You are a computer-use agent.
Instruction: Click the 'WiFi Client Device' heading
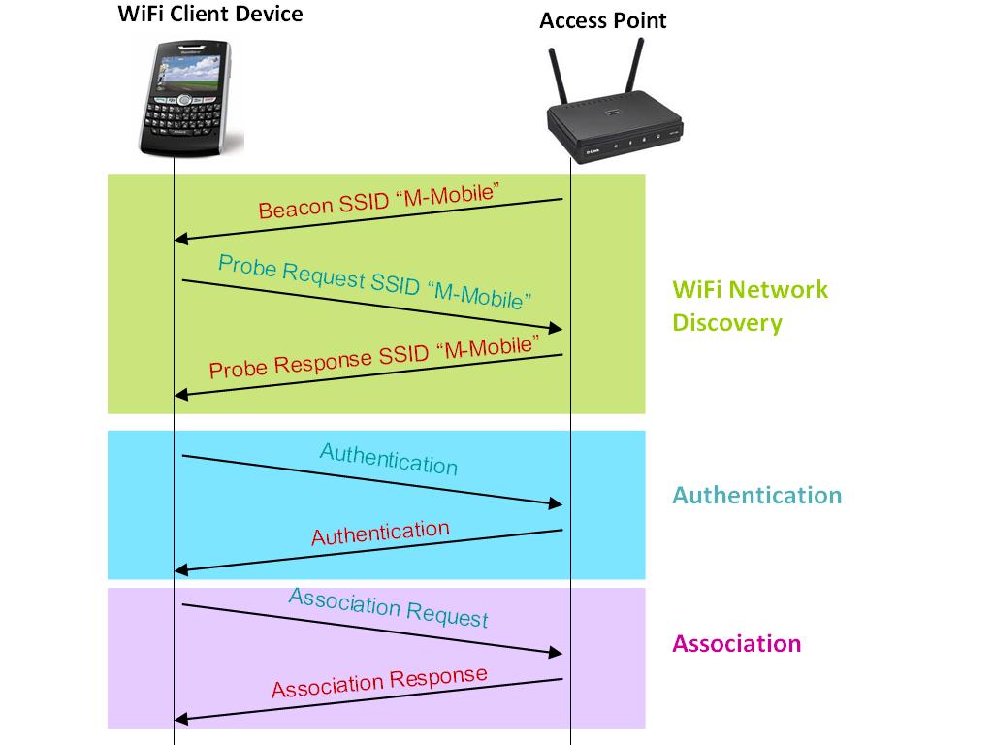210,15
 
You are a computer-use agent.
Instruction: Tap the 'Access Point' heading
602,20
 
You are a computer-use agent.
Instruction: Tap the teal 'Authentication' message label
388,459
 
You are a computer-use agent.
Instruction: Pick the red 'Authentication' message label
380,534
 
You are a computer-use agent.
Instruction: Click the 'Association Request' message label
388,607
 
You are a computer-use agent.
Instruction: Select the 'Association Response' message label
379,683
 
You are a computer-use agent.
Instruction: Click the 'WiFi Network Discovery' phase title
751,306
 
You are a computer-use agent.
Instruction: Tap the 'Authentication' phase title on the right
756,496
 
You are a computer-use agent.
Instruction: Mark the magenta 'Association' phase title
736,644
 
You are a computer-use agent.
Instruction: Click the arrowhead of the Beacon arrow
179,239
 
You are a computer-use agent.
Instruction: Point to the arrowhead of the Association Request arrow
557,652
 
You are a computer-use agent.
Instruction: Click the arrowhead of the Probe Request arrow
557,329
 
